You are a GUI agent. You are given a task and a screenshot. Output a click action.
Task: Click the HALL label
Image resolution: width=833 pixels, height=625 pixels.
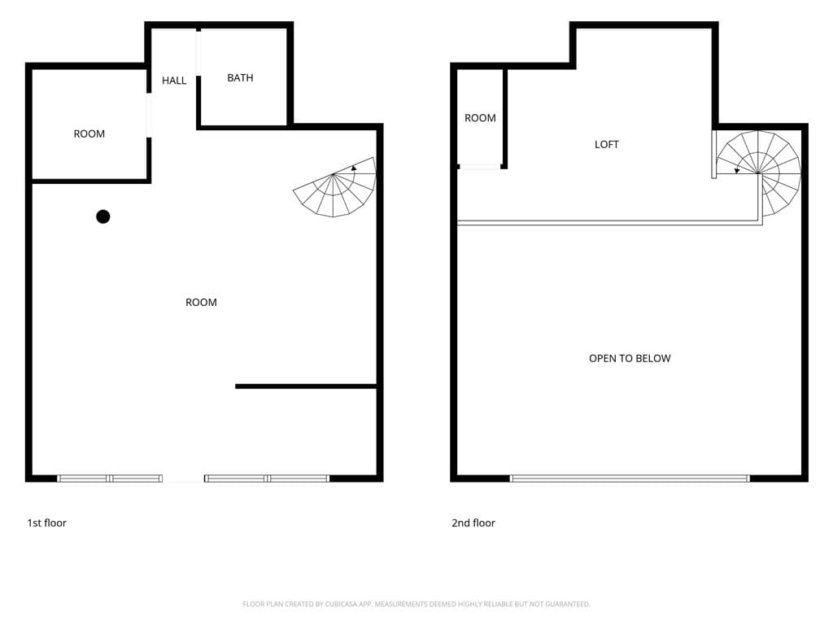click(x=174, y=81)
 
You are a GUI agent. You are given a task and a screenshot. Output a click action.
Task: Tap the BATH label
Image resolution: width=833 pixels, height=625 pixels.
click(x=240, y=77)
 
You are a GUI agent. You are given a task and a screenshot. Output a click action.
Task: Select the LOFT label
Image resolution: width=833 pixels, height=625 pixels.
click(x=607, y=144)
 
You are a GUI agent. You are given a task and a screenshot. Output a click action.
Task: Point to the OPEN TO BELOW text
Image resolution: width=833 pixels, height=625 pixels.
click(x=630, y=358)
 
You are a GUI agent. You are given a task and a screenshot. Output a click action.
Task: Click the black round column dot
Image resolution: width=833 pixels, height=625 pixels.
click(x=103, y=216)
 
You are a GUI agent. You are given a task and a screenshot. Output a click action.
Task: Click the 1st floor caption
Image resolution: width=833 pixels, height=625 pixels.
click(x=46, y=522)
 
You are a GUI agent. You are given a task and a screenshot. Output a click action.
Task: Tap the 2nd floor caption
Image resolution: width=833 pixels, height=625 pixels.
click(x=473, y=522)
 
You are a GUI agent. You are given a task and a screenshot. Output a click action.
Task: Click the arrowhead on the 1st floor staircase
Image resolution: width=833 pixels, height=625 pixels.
click(x=354, y=168)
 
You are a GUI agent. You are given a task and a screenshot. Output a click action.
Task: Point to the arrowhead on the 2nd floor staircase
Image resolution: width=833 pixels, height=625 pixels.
click(x=737, y=171)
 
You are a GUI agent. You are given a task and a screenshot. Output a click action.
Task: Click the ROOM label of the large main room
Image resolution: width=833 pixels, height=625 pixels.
click(x=201, y=302)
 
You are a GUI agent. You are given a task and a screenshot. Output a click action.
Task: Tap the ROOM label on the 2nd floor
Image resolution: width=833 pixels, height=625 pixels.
click(x=480, y=117)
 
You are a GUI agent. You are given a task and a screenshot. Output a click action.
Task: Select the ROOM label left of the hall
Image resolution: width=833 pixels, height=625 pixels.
click(x=89, y=133)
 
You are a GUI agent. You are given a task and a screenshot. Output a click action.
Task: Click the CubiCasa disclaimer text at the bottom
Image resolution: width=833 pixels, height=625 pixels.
click(x=416, y=604)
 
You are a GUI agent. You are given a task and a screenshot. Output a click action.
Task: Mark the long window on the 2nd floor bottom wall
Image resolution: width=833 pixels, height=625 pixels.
click(x=630, y=479)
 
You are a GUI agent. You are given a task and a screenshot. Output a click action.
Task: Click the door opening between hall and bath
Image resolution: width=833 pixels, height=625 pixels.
click(x=198, y=53)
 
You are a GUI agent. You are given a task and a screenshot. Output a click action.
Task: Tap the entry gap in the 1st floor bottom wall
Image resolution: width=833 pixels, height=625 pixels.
click(x=183, y=479)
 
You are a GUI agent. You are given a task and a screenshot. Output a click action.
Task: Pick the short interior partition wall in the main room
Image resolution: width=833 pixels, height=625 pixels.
click(x=306, y=387)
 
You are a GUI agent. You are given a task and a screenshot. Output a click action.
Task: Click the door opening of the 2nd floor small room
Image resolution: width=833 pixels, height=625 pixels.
click(x=480, y=167)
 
